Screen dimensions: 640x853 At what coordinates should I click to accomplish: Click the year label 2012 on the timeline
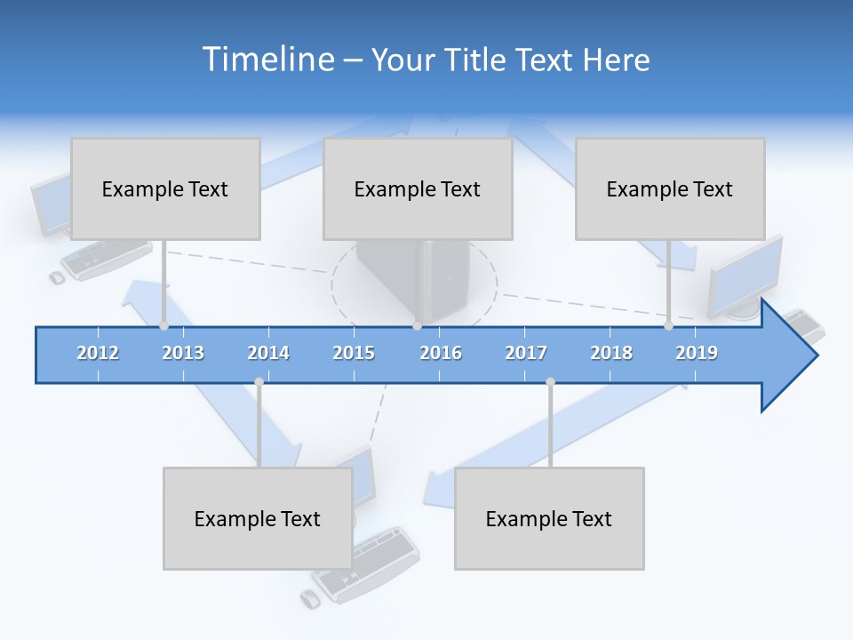[x=98, y=353]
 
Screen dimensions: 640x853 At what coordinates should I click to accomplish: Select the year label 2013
[x=183, y=353]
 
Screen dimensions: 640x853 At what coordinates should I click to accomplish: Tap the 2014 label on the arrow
[x=268, y=353]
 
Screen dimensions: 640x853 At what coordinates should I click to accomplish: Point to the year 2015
[x=354, y=353]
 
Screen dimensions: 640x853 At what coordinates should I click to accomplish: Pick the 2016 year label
[x=441, y=353]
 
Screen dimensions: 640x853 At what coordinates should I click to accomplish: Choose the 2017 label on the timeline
[x=526, y=353]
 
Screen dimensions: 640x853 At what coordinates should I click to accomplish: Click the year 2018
[x=611, y=353]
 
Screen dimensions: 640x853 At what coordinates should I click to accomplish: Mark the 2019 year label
[x=697, y=353]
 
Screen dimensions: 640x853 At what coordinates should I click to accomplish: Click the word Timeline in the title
[x=266, y=60]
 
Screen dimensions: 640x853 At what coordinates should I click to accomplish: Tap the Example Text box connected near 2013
[x=165, y=188]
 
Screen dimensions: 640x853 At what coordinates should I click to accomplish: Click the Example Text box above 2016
[x=418, y=188]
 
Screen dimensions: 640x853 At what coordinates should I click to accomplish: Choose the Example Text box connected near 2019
[x=670, y=188]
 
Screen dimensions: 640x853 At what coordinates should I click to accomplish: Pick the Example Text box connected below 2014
[x=258, y=518]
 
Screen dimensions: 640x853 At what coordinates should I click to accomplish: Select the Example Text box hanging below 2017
[x=549, y=518]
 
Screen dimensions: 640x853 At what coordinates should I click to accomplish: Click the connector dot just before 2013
[x=163, y=325]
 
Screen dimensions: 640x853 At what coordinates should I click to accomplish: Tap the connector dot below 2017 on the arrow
[x=550, y=382]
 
